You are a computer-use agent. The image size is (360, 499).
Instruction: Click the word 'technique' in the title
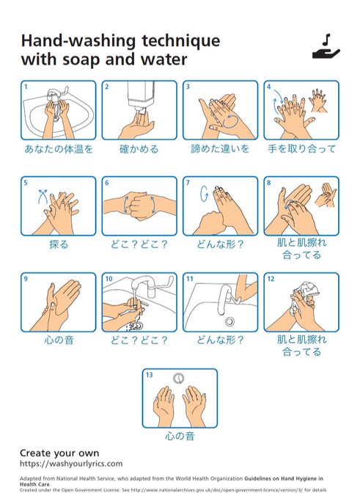(180, 41)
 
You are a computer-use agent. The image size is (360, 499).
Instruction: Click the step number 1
(26, 87)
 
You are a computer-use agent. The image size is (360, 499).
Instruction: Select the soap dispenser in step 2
(141, 95)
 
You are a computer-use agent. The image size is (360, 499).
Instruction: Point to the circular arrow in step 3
(230, 121)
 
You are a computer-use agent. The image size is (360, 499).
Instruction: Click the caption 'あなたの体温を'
(59, 149)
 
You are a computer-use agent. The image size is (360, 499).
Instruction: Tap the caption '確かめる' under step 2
(139, 149)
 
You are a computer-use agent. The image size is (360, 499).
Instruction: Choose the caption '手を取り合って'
(301, 149)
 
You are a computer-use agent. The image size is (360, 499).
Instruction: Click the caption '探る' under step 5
(59, 244)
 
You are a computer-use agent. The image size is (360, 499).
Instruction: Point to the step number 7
(188, 183)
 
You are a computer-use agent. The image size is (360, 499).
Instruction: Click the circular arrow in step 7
(204, 194)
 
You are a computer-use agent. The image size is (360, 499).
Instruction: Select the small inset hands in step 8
(326, 194)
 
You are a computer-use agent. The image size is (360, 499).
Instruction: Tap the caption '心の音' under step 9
(59, 340)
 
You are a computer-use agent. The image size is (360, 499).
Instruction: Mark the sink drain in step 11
(229, 321)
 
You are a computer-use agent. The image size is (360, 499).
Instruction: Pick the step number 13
(149, 375)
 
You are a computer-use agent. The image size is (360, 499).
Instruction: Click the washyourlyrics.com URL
(71, 463)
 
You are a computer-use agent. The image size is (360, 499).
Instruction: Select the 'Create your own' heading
(59, 453)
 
